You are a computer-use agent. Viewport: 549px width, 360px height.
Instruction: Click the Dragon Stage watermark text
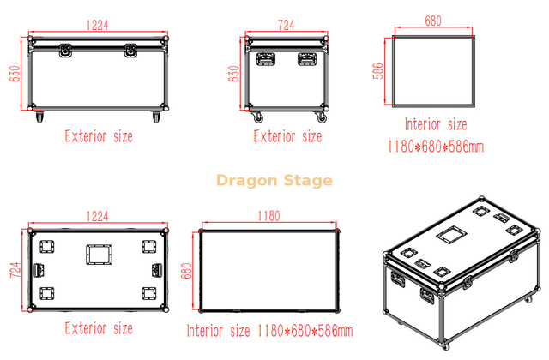point(274,181)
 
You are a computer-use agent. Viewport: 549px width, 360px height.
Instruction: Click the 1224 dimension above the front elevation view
point(97,26)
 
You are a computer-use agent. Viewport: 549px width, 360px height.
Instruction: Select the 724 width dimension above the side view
point(287,26)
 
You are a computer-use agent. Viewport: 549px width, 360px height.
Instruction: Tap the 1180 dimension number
point(268,217)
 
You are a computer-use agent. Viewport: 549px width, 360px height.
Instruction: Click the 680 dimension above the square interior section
point(433,20)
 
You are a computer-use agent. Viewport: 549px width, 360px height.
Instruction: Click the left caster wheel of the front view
point(37,114)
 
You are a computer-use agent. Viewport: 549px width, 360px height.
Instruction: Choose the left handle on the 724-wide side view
point(266,59)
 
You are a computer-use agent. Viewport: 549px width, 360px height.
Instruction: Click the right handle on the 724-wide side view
point(307,59)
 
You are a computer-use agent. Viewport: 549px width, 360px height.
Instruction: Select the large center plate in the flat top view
point(97,255)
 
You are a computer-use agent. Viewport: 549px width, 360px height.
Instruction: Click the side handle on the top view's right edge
point(156,270)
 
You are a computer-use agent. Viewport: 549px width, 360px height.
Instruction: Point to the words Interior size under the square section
point(436,125)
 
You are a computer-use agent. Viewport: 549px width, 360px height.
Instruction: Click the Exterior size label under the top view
point(99,328)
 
